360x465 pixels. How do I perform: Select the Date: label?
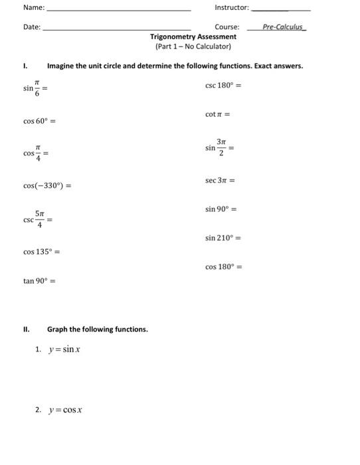pyautogui.click(x=32, y=27)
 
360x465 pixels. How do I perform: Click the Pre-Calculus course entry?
pyautogui.click(x=283, y=27)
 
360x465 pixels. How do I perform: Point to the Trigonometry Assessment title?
pyautogui.click(x=193, y=37)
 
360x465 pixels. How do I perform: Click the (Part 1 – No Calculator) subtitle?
pyautogui.click(x=193, y=47)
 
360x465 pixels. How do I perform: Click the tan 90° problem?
pyautogui.click(x=39, y=281)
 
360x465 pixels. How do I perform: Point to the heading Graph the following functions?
pyautogui.click(x=97, y=329)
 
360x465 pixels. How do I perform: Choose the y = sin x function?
pyautogui.click(x=64, y=349)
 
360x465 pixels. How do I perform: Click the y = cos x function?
pyautogui.click(x=65, y=410)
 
